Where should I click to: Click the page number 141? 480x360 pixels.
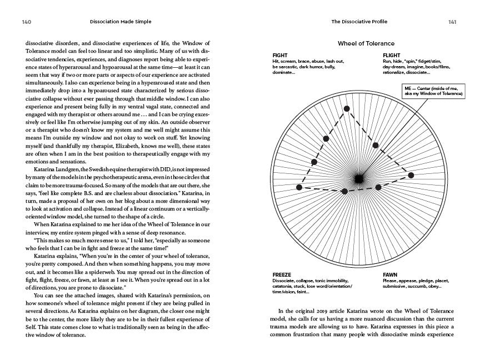point(452,22)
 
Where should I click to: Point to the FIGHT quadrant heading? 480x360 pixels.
point(280,56)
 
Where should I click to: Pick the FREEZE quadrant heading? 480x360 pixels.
point(282,275)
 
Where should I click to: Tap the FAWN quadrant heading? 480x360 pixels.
point(390,275)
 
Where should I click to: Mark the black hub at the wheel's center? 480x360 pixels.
point(359,178)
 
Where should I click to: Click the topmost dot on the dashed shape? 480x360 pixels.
point(347,109)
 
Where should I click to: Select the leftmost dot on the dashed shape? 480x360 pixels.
point(299,188)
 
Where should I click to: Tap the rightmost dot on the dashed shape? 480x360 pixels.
point(411,174)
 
